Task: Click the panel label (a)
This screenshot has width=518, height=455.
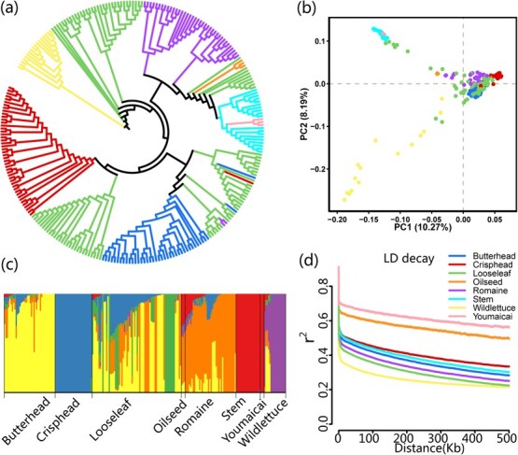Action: [x=9, y=8]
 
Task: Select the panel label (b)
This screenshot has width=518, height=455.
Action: [x=306, y=8]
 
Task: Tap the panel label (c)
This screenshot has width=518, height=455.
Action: [x=9, y=264]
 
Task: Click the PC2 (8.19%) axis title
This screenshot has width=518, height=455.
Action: [x=304, y=114]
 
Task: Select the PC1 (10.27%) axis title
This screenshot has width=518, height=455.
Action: [x=423, y=227]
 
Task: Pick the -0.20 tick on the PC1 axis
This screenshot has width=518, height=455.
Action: [x=336, y=220]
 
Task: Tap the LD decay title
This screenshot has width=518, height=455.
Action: [x=409, y=259]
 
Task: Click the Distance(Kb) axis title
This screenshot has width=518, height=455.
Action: [x=429, y=448]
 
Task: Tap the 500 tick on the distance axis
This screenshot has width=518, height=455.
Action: [x=507, y=438]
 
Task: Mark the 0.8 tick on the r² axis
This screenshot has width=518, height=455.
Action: [x=324, y=286]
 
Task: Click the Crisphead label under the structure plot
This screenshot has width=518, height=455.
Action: [x=58, y=419]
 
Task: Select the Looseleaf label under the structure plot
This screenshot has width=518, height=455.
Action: [x=111, y=419]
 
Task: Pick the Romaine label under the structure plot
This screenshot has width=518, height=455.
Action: [x=194, y=417]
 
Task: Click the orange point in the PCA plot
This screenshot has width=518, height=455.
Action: [x=438, y=74]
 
